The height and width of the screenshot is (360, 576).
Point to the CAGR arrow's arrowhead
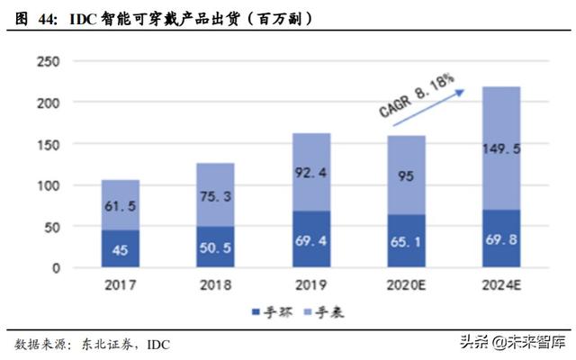(463, 89)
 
